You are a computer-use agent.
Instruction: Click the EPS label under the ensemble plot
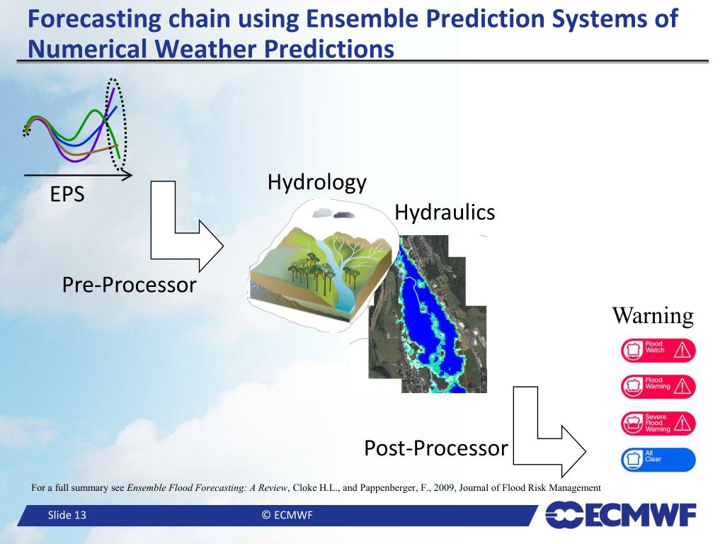(67, 194)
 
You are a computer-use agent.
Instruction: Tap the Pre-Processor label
(130, 285)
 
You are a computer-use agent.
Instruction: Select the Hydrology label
(317, 183)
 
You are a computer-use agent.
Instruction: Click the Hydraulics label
(445, 212)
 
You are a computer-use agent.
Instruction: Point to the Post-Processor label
(436, 448)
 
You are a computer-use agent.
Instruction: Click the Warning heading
(653, 316)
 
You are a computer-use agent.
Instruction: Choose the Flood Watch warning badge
(658, 350)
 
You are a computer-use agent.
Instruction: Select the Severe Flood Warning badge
(658, 424)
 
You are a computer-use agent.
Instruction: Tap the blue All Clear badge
(658, 459)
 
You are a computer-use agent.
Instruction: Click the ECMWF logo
(620, 514)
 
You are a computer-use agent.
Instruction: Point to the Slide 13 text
(67, 515)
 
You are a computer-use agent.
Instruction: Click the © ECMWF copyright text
(287, 515)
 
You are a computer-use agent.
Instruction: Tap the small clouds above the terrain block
(333, 213)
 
